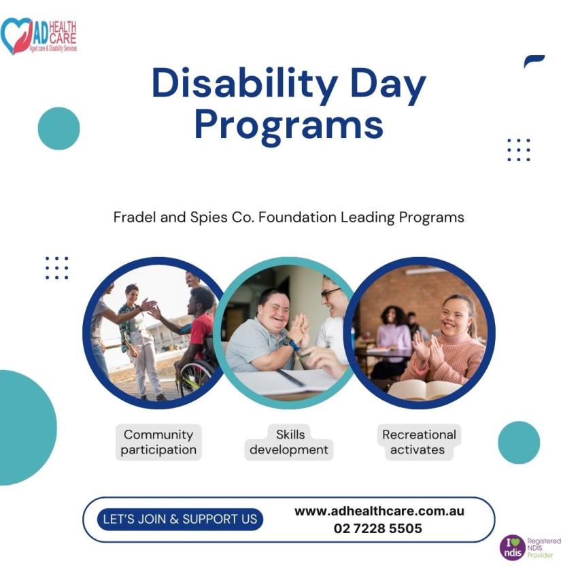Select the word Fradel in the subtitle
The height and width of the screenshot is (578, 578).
[135, 217]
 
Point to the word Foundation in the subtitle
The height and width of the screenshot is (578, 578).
[297, 217]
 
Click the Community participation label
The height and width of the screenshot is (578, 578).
[158, 442]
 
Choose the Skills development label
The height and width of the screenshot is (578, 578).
[289, 442]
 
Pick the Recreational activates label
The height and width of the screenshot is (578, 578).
[419, 442]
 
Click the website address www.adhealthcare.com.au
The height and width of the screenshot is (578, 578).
[379, 511]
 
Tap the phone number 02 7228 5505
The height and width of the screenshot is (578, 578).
[378, 528]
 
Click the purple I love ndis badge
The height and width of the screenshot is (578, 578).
[513, 547]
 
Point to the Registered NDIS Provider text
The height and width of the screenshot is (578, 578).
[544, 548]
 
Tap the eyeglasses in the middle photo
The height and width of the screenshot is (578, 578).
[330, 294]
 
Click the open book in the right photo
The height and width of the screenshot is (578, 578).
[426, 390]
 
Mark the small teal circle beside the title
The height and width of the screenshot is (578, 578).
[59, 129]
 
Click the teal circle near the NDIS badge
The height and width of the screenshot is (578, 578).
[519, 443]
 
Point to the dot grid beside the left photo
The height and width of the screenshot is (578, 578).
[56, 268]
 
